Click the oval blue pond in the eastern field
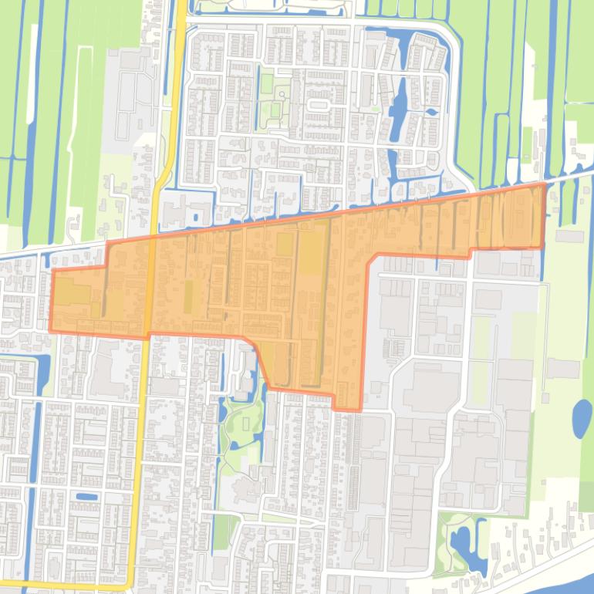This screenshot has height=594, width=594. coord(581,419)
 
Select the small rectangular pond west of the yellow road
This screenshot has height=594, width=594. coord(87,496)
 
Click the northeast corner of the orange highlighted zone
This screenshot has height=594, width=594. coord(545,184)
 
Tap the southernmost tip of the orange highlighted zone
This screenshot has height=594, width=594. coord(347,410)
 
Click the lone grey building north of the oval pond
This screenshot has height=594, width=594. coord(562,369)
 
